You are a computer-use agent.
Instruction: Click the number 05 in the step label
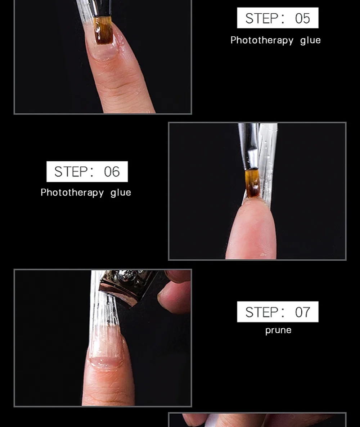[x=302, y=18]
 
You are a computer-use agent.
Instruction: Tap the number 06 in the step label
[x=112, y=172]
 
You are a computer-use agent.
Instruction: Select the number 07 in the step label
[x=302, y=312]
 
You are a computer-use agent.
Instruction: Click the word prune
[x=278, y=330]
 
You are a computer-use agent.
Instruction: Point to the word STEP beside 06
[x=71, y=172]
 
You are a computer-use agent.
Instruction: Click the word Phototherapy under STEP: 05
[x=262, y=41]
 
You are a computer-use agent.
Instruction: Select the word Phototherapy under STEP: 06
[x=72, y=193]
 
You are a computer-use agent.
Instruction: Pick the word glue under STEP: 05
[x=310, y=41]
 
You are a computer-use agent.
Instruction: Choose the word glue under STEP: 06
[x=121, y=193]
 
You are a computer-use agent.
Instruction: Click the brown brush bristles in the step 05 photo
[x=103, y=30]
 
